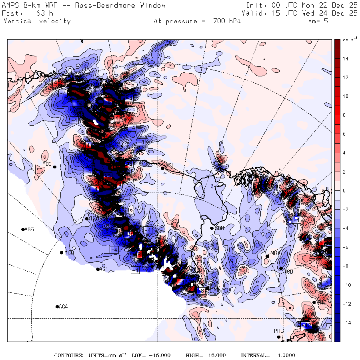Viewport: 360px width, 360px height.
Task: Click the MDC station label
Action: pos(47,163)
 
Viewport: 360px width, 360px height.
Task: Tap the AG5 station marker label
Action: pos(29,230)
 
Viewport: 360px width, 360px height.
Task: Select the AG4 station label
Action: pos(63,307)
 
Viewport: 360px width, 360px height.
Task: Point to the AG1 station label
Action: pos(104,269)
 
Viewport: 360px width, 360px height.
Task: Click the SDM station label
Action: pos(219,228)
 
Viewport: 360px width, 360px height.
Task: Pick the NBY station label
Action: pos(274,253)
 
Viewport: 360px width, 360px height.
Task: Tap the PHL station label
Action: pos(278,331)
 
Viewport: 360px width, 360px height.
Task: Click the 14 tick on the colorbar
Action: pos(345,59)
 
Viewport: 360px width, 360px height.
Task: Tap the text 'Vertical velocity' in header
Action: pos(37,21)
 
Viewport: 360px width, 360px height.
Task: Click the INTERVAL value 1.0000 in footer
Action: pos(286,356)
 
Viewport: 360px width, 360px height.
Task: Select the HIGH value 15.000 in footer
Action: pos(216,356)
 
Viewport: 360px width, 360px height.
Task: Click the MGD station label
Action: pos(69,253)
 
